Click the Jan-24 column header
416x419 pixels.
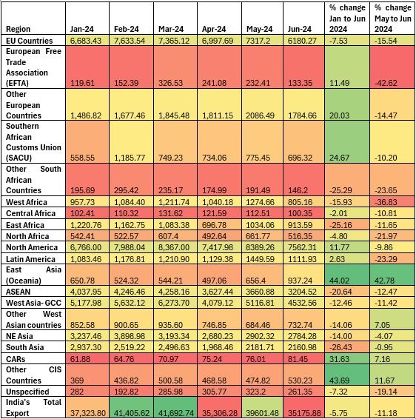81,29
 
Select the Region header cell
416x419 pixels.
18,29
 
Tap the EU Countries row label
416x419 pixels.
30,41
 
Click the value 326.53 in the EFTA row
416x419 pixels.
171,83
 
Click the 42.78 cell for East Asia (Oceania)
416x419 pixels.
384,281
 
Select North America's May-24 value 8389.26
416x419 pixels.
261,247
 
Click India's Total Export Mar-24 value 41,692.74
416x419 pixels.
176,413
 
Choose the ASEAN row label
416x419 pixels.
19,292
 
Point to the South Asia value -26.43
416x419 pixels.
340,347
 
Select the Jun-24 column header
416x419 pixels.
300,29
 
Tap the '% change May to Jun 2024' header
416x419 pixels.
393,19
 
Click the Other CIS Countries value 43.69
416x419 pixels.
339,381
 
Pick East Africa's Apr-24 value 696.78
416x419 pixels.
214,225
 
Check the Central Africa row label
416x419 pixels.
31,213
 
